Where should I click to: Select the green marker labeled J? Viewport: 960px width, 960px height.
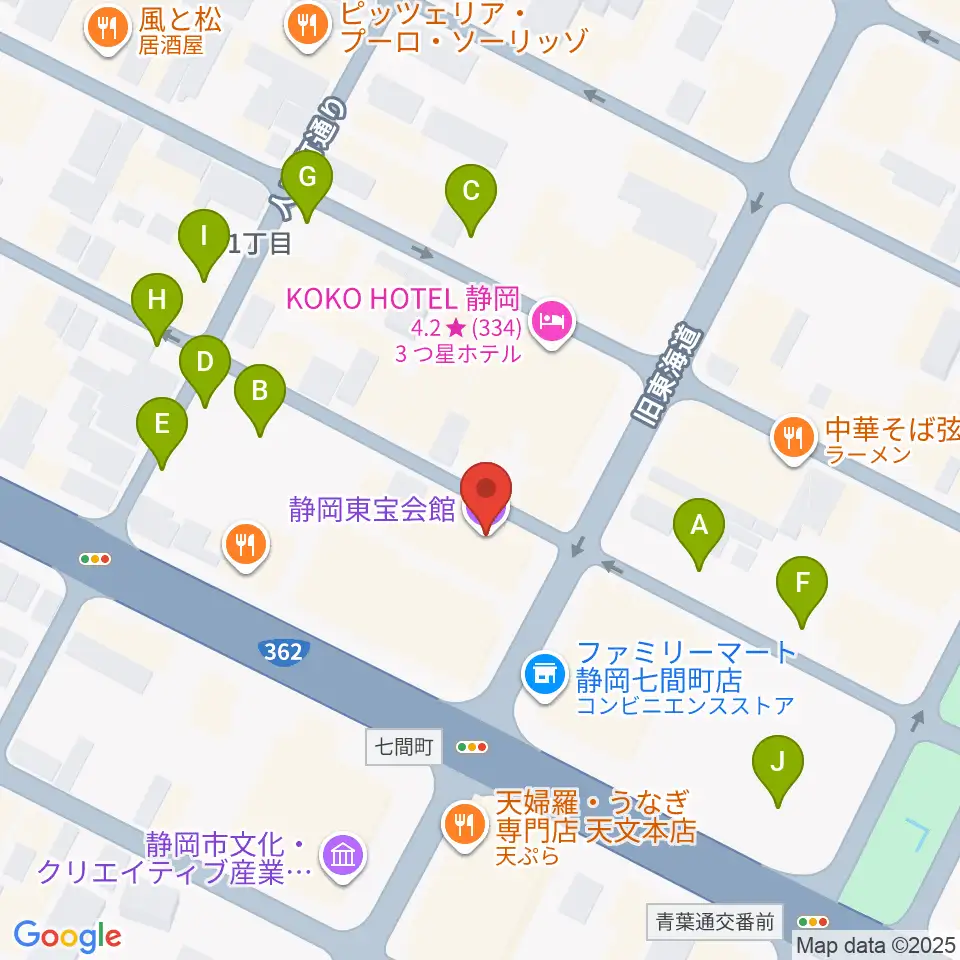(777, 766)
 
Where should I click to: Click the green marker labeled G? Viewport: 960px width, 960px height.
(307, 181)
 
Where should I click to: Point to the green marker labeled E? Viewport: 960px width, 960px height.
(162, 428)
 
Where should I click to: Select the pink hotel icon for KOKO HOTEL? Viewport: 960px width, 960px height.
(552, 322)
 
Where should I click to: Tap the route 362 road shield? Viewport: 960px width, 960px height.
(284, 652)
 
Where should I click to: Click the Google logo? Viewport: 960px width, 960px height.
(67, 936)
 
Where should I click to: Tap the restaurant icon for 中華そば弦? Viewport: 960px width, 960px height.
(792, 436)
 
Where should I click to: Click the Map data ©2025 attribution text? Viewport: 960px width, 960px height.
(875, 943)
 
